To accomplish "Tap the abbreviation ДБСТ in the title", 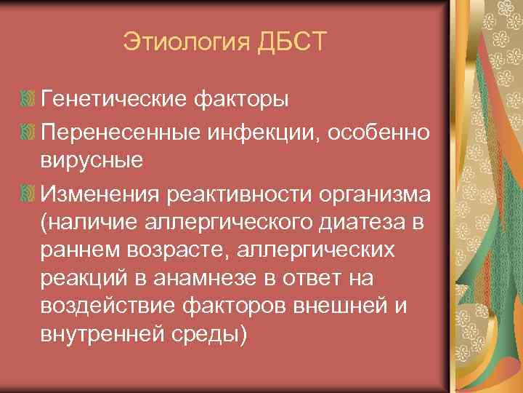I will [x=293, y=41].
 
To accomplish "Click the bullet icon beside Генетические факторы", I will [x=28, y=98].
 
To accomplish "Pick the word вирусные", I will [x=92, y=162].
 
